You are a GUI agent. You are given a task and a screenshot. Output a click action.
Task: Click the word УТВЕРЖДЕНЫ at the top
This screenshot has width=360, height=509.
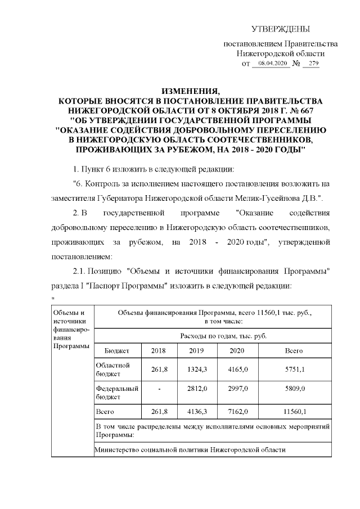280,29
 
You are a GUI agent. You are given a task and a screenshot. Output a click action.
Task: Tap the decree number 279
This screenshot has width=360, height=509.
310,64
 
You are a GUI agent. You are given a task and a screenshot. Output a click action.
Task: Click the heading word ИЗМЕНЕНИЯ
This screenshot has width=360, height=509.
191,91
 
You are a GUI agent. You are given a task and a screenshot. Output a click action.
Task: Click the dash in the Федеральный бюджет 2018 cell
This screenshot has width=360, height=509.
160,388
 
